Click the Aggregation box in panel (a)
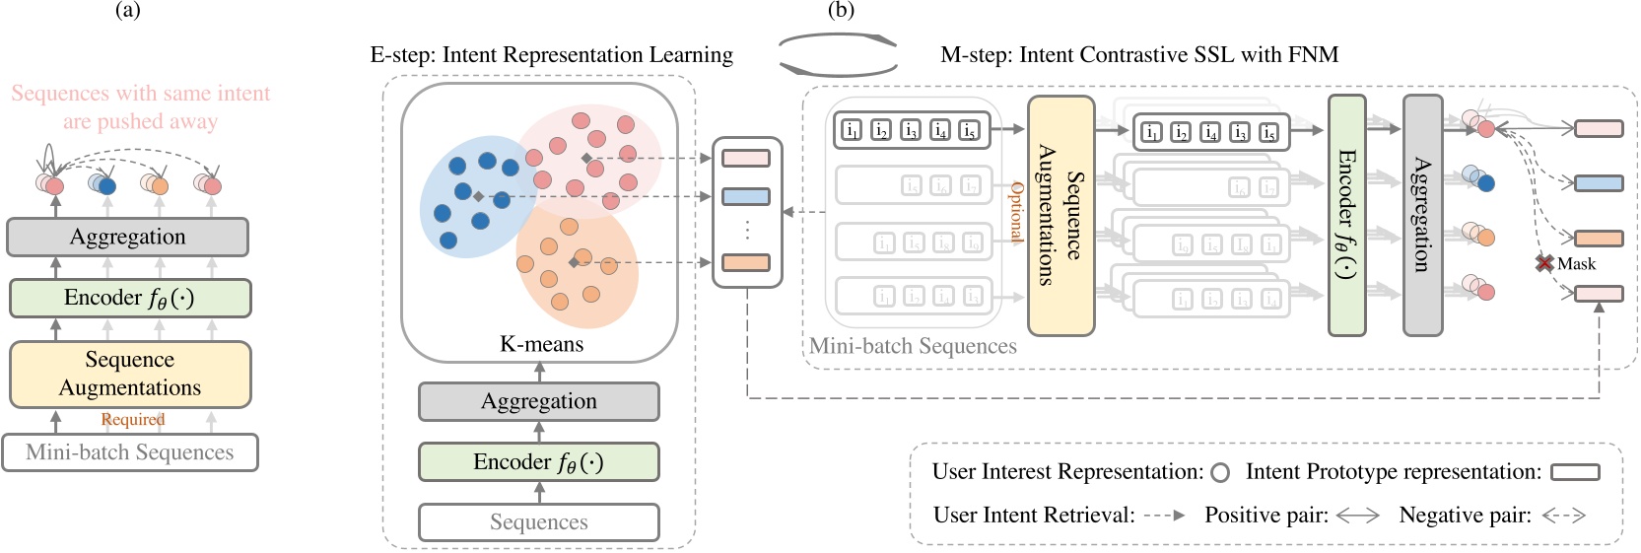click(x=127, y=237)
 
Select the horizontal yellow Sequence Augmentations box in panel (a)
click(x=130, y=374)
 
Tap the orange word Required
click(x=133, y=420)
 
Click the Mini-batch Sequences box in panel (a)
click(x=130, y=452)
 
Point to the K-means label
click(x=541, y=344)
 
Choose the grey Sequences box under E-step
click(x=539, y=522)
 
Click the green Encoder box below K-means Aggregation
click(x=539, y=461)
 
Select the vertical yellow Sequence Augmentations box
click(x=1060, y=215)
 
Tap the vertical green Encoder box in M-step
click(x=1346, y=215)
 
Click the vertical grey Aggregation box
click(x=1422, y=215)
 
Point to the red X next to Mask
click(x=1544, y=263)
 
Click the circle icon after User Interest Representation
click(x=1220, y=473)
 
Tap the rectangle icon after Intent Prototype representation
click(x=1575, y=473)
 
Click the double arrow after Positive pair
click(x=1357, y=516)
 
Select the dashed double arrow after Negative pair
click(x=1563, y=516)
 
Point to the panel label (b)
click(x=841, y=11)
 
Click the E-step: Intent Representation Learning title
click(x=551, y=55)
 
